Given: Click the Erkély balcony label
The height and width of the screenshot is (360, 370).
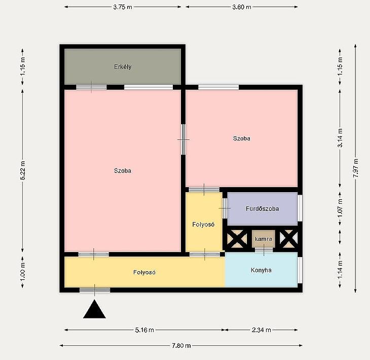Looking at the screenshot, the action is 123,67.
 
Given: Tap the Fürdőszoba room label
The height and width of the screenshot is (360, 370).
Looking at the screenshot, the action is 262,209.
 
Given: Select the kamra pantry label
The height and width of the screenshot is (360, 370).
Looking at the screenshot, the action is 264,239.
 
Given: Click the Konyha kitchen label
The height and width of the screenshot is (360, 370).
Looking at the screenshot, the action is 261,270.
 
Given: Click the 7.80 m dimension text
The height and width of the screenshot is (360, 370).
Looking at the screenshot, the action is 181,346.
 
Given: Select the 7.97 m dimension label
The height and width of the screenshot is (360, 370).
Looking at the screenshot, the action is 356,168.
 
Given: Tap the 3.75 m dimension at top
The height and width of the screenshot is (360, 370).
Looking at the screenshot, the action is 123,7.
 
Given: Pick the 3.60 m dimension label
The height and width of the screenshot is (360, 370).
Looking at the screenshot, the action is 242,7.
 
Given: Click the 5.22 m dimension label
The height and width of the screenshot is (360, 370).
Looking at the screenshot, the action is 23,170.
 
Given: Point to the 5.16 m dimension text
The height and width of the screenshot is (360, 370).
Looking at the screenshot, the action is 144,330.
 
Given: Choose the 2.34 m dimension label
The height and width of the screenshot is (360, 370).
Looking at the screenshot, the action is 261,330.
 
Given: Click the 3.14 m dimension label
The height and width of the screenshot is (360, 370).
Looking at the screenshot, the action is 340,138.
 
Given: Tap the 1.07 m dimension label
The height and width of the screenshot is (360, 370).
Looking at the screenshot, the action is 340,208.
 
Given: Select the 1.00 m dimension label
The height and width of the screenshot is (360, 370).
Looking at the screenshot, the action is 23,272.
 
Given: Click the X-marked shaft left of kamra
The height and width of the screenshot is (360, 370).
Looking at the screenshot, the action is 237,239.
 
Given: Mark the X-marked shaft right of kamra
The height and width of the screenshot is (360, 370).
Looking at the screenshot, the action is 288,239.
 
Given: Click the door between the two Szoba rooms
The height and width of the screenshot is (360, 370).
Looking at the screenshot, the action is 183,139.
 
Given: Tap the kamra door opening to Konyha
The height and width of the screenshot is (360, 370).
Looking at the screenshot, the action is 264,250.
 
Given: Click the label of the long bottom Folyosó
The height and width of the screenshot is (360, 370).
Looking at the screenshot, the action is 144,272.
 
